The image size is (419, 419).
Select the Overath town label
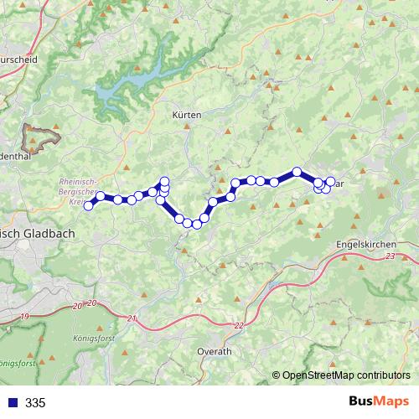pos(214,352)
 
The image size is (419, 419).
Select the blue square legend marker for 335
pos(12,403)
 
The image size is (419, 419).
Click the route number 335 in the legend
pos(35,403)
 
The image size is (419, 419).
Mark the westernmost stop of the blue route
pos(88,205)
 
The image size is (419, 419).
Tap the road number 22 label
pos(241,325)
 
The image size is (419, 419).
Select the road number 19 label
pos(24,316)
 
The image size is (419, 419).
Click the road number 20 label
pos(91,303)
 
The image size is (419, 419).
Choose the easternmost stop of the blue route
pos(330,181)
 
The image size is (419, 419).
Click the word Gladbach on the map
pos(49,234)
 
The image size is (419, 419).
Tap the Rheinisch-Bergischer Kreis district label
pos(79,190)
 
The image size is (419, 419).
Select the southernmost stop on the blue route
pos(197,224)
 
